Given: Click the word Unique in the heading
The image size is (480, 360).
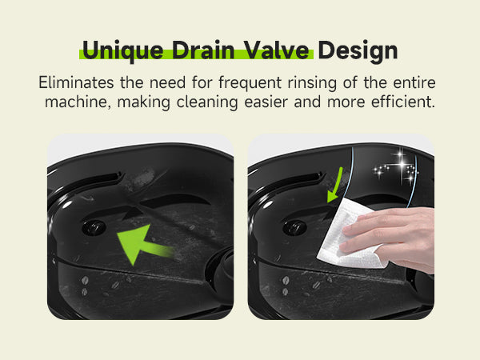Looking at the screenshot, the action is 122,51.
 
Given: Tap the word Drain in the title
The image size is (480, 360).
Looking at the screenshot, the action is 203,50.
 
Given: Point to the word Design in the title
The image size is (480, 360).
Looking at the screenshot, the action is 358,51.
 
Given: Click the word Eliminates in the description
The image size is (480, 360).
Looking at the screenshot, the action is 76,82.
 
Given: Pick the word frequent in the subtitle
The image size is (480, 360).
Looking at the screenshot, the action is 250,83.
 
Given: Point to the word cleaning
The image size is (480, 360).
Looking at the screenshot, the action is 207,102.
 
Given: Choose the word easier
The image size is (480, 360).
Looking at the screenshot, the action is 266,102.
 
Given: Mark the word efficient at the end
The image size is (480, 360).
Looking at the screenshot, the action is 403,102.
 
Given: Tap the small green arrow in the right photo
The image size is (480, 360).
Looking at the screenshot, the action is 335,186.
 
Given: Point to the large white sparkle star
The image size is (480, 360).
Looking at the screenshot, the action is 401,165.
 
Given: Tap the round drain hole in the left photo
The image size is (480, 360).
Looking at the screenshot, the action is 94,228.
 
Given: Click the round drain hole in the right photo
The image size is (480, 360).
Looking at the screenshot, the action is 294,228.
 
